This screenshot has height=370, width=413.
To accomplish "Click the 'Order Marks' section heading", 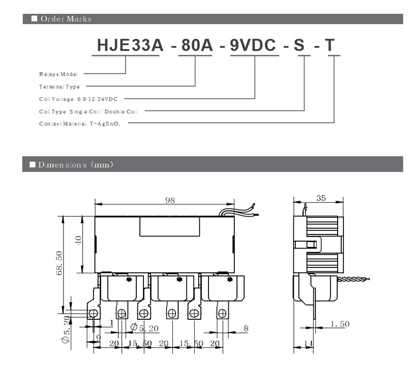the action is pyautogui.click(x=66, y=19).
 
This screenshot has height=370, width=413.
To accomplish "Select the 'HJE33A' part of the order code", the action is pyautogui.click(x=130, y=45).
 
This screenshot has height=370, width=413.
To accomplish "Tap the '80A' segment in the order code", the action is pyautogui.click(x=197, y=45).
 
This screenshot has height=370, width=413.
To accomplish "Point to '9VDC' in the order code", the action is pyautogui.click(x=253, y=45).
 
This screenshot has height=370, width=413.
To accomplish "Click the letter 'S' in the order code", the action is pyautogui.click(x=299, y=45).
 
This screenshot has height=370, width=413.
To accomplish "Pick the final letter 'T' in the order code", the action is pyautogui.click(x=329, y=45).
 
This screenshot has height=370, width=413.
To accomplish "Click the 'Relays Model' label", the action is pyautogui.click(x=58, y=74).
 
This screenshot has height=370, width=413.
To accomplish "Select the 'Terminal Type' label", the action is pyautogui.click(x=59, y=86).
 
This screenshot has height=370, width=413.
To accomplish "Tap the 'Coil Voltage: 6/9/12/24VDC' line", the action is pyautogui.click(x=78, y=99).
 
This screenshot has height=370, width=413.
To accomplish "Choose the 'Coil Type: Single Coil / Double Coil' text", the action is pyautogui.click(x=88, y=111).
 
